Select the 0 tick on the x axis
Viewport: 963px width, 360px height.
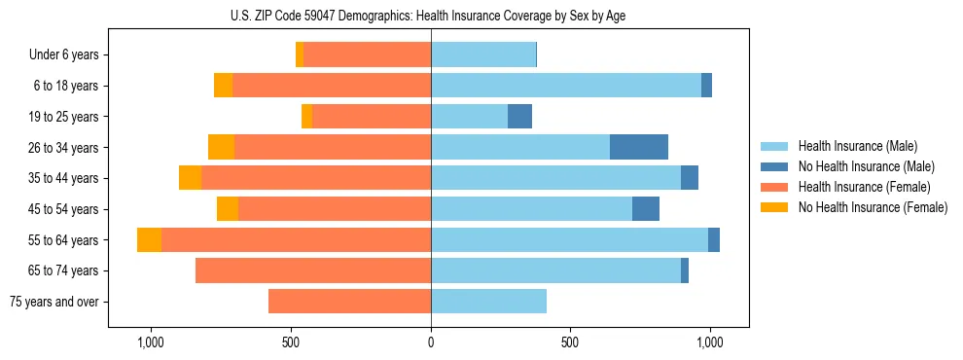tap(431, 342)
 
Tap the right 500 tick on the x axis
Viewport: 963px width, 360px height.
tap(570, 342)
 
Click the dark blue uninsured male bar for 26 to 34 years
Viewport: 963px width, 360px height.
tap(639, 147)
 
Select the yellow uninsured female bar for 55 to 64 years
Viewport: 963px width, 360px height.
tap(149, 240)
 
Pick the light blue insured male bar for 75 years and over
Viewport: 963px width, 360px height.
tap(488, 302)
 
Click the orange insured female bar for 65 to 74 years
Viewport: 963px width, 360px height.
tap(313, 270)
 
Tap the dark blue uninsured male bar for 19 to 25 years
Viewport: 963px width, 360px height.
tap(519, 117)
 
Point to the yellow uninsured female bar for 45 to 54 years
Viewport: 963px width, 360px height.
tap(228, 209)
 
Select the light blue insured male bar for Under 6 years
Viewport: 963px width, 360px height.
tap(483, 55)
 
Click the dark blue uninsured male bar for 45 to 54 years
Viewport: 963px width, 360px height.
tap(646, 209)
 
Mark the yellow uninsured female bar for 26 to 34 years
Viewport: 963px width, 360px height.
tap(221, 147)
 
